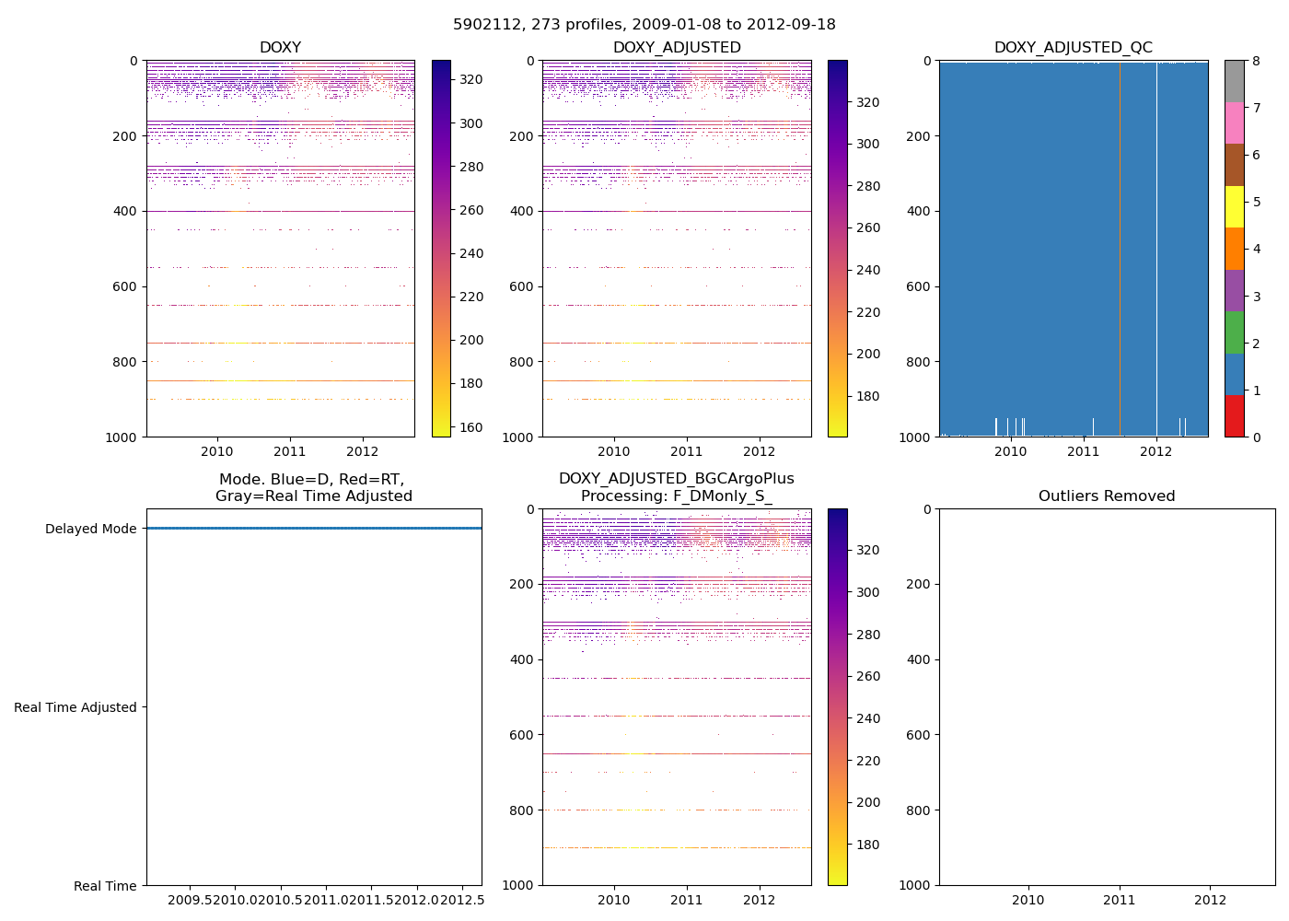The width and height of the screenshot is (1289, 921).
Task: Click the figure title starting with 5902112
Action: [x=644, y=25]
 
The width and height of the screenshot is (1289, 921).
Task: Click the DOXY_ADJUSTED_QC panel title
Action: [x=1073, y=48]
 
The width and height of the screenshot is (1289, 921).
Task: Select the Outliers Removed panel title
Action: [x=1107, y=496]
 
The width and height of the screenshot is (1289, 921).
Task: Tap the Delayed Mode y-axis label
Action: [x=90, y=529]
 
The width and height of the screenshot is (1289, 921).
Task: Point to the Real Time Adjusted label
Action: [x=75, y=707]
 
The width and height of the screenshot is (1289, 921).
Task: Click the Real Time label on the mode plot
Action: [x=105, y=886]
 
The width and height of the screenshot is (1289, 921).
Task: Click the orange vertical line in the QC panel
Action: [x=1120, y=249]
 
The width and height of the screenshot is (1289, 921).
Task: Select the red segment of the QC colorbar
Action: [x=1235, y=416]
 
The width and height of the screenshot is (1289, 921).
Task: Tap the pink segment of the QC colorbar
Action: [x=1235, y=123]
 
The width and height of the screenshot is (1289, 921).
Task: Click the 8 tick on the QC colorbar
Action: [x=1256, y=61]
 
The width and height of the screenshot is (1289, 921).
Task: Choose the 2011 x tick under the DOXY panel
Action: [x=290, y=451]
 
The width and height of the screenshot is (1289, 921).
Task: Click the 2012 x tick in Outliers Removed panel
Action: [x=1210, y=900]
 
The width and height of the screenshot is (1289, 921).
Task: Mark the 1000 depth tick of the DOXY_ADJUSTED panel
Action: [x=519, y=437]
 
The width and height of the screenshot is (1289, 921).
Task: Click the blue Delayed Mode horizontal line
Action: [x=313, y=528]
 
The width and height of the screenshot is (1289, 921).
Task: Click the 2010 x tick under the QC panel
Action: [x=1010, y=451]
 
